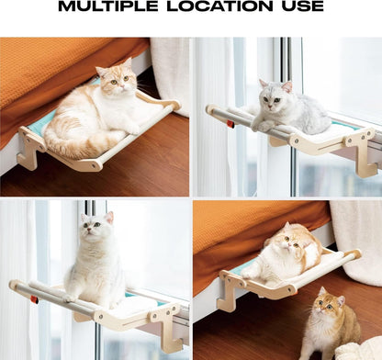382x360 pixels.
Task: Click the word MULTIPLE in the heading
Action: coord(108,6)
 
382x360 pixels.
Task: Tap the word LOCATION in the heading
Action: coord(219,6)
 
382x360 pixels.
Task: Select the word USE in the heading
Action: coord(302,6)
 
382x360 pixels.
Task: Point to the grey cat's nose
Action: coord(270,106)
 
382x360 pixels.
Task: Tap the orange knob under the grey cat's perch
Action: coord(230,124)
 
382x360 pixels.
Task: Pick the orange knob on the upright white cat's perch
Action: coord(34,299)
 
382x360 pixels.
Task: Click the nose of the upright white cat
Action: coord(89,231)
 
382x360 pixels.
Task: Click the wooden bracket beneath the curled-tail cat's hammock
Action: coord(30,149)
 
